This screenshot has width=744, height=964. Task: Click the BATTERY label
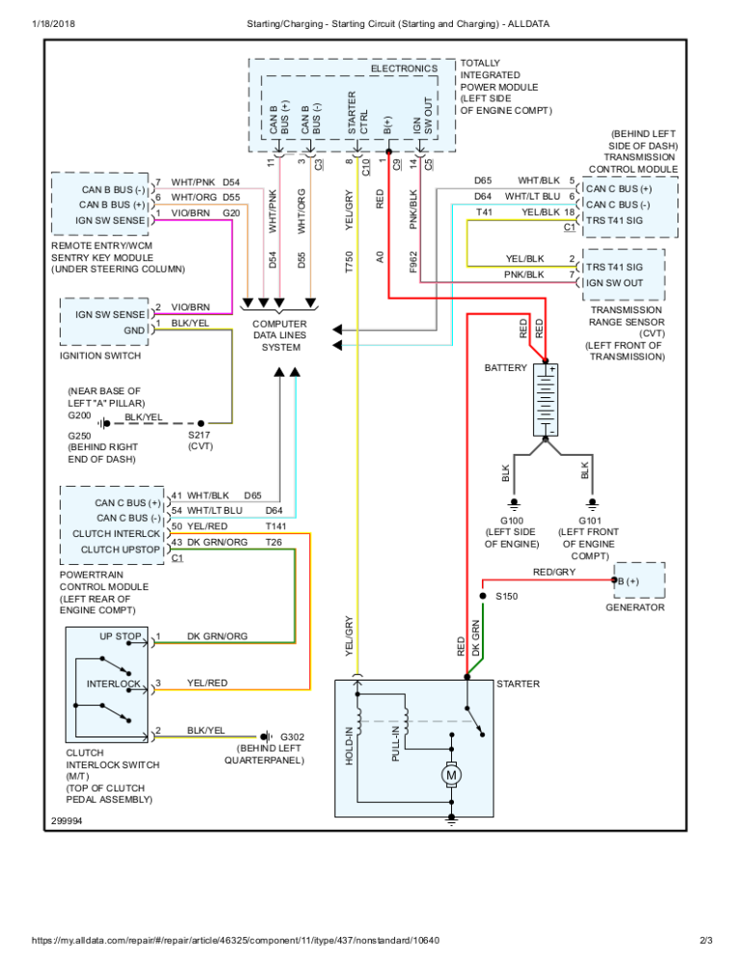(506, 368)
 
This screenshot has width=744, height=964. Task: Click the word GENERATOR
(636, 608)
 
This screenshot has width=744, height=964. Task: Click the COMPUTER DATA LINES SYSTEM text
(280, 335)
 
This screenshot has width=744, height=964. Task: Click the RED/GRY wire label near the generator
(554, 572)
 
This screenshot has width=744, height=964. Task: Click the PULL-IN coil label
(396, 745)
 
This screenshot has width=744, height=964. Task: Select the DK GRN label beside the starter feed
(476, 639)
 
